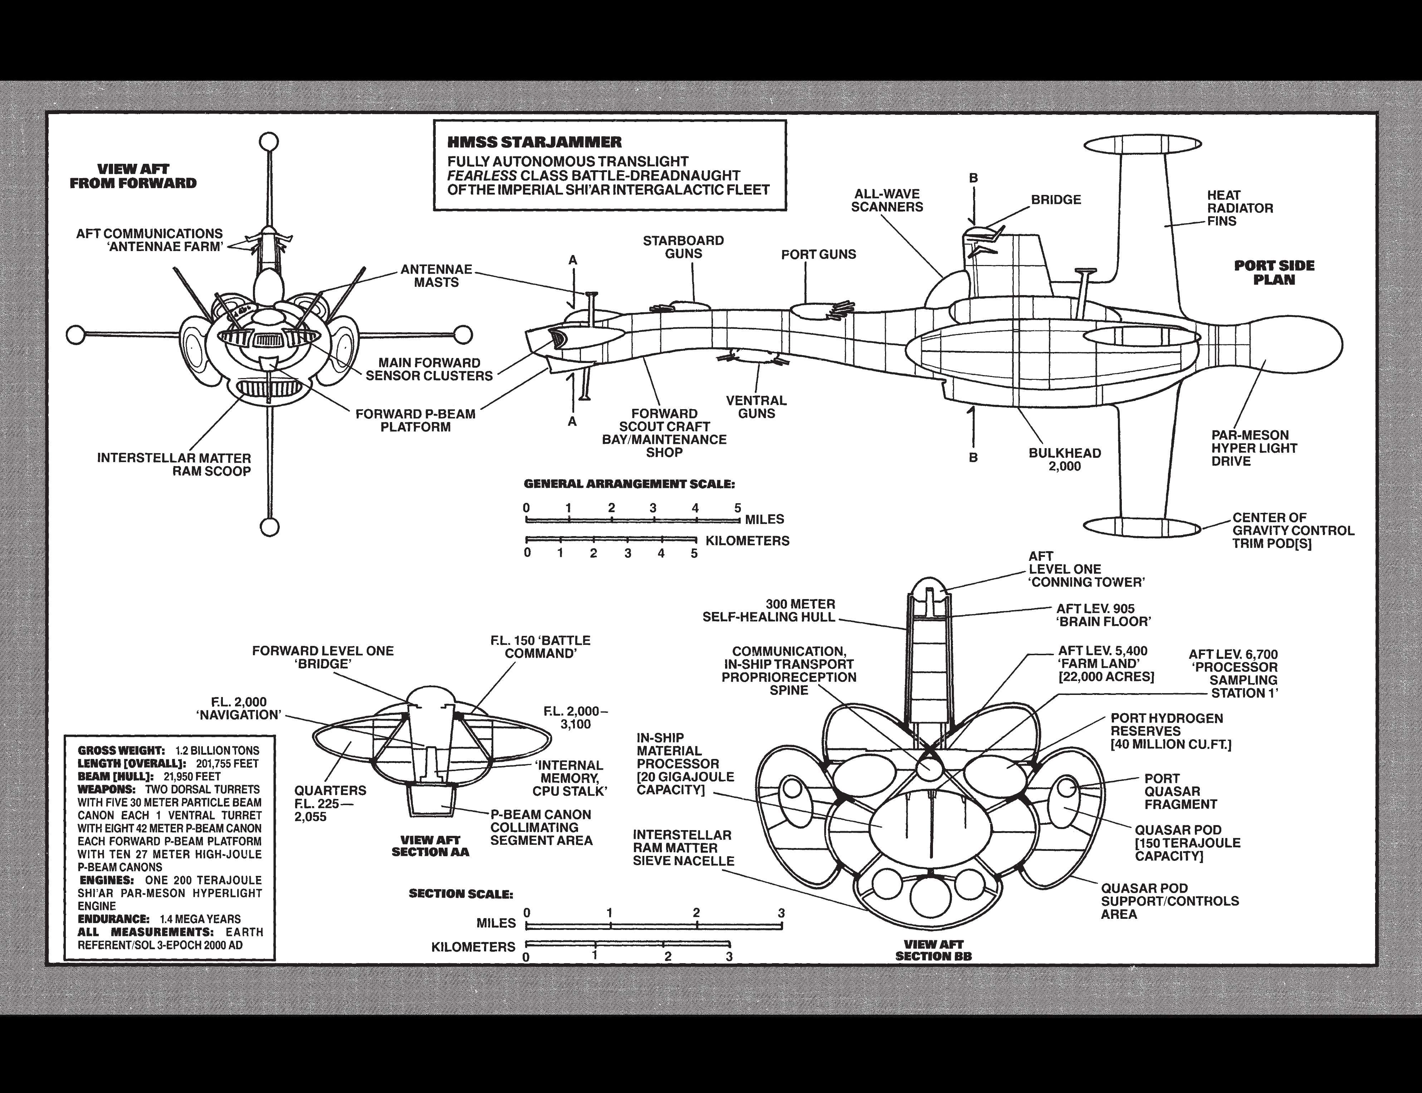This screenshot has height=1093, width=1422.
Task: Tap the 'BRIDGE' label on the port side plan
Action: (x=1056, y=200)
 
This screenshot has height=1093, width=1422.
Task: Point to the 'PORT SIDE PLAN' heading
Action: (x=1274, y=273)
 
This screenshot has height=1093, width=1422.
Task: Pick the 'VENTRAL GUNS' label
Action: (x=756, y=407)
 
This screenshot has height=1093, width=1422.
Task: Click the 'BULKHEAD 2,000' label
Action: (x=1065, y=459)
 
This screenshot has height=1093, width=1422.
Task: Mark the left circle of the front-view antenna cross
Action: (x=76, y=335)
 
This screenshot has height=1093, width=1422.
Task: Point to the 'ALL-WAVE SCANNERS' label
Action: (x=887, y=200)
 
